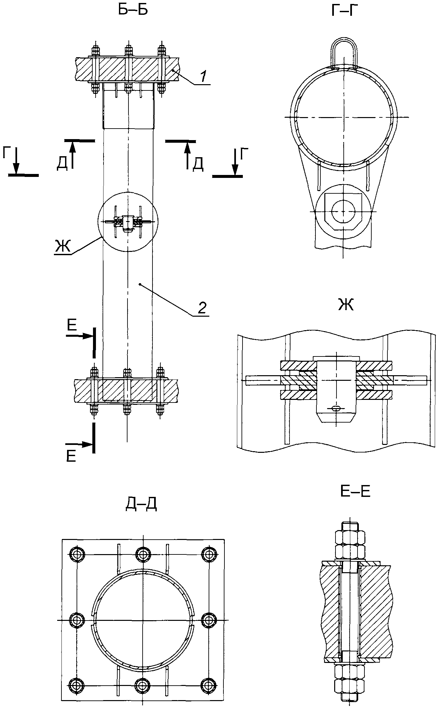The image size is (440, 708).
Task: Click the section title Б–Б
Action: [133, 10]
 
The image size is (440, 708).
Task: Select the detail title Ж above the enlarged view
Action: [346, 305]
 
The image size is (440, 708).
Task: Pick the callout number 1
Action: [204, 76]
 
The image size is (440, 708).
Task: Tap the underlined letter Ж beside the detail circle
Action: [62, 246]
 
